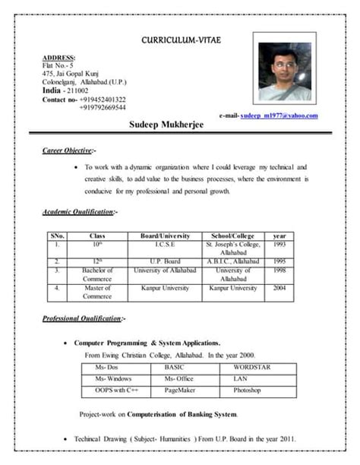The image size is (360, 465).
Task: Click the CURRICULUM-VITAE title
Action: pyautogui.click(x=181, y=40)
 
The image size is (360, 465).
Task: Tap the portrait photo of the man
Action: pyautogui.click(x=284, y=72)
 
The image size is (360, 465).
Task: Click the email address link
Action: pyautogui.click(x=279, y=115)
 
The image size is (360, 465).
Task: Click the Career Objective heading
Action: pyautogui.click(x=69, y=150)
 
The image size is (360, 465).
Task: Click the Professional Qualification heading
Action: pyautogui.click(x=84, y=318)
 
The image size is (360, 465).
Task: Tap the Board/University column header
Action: pyautogui.click(x=165, y=236)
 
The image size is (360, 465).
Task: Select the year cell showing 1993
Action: pyautogui.click(x=279, y=245)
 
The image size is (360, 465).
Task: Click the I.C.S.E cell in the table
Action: pyautogui.click(x=165, y=245)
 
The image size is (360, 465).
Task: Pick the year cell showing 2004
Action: pyautogui.click(x=279, y=289)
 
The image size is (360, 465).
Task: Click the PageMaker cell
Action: pyautogui.click(x=181, y=391)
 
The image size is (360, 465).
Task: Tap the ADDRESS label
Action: pyautogui.click(x=58, y=58)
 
